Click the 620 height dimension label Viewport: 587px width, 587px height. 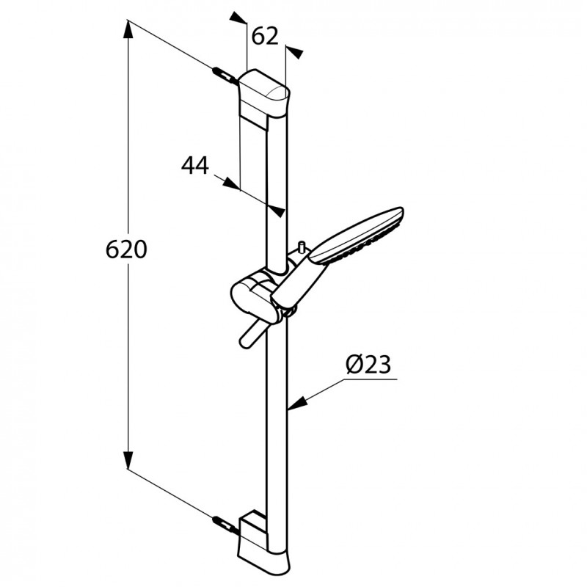[127, 249]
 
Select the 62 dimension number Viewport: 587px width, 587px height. [265, 35]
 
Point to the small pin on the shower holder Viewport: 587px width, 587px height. [301, 246]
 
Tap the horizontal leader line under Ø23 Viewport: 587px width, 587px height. [371, 380]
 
